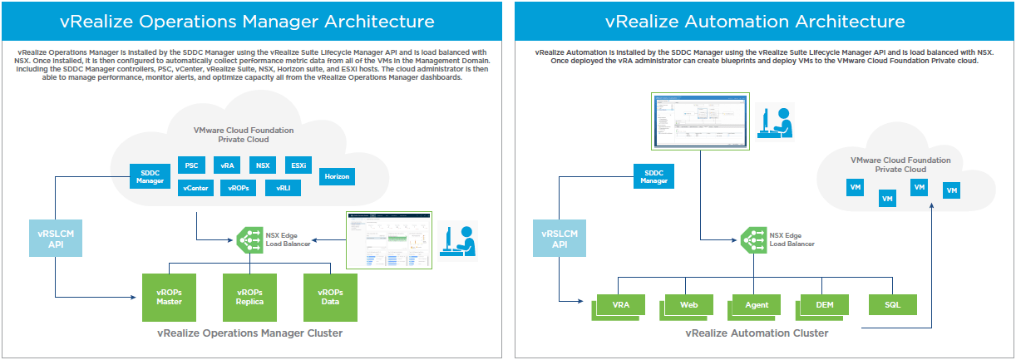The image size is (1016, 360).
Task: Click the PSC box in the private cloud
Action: click(191, 165)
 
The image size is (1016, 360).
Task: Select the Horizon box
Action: click(337, 176)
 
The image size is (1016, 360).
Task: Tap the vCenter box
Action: click(195, 189)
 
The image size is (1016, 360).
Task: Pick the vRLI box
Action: click(283, 189)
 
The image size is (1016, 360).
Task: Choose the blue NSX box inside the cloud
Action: click(264, 165)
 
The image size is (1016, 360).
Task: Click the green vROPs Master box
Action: click(169, 297)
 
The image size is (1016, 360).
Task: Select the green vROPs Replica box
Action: click(249, 297)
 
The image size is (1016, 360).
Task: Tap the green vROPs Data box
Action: click(330, 297)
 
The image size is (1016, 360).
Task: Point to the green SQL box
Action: click(892, 305)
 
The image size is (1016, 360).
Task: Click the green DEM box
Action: click(824, 305)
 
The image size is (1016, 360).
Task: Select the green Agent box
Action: click(756, 305)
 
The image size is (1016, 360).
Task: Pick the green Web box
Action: click(688, 305)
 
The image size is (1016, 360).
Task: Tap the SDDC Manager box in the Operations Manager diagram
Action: click(150, 175)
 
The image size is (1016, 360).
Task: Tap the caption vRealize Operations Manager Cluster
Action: click(249, 333)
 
